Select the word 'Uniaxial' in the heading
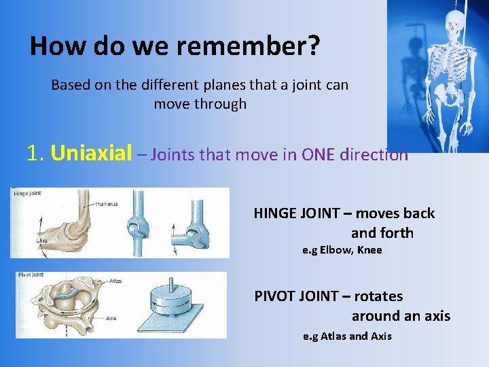(91, 154)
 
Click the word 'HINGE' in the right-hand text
(277, 213)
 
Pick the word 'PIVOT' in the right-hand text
(278, 296)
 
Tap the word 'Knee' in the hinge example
(369, 250)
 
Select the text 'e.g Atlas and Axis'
(347, 336)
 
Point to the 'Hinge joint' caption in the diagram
(27, 194)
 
